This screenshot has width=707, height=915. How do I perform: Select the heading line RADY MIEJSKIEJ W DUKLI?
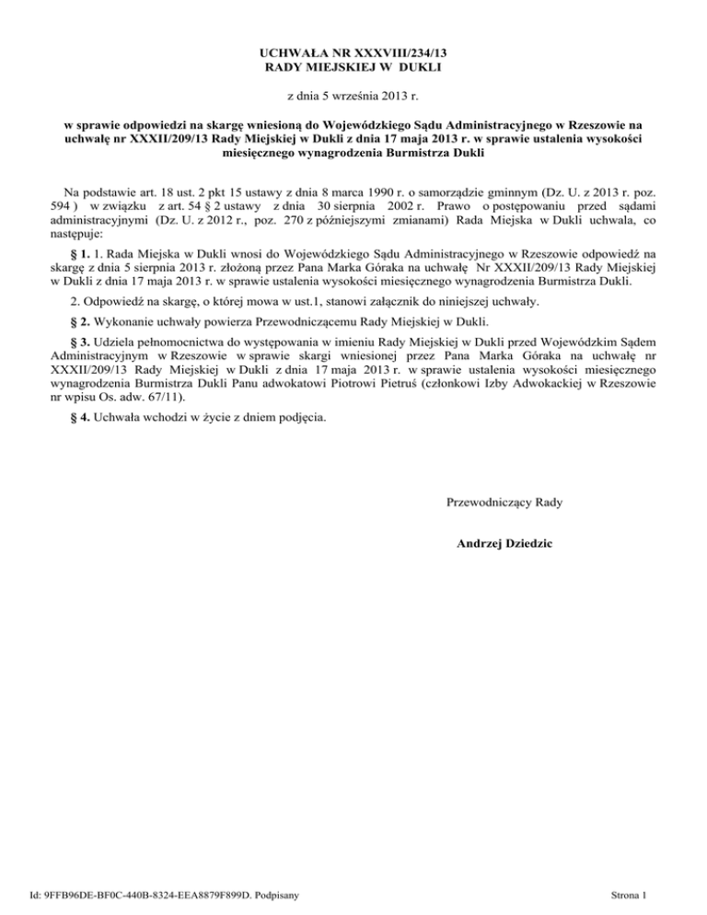coord(353,68)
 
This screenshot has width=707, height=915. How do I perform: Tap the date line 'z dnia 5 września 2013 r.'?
coord(353,96)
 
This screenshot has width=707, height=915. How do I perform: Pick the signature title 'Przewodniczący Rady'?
coord(504,503)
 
